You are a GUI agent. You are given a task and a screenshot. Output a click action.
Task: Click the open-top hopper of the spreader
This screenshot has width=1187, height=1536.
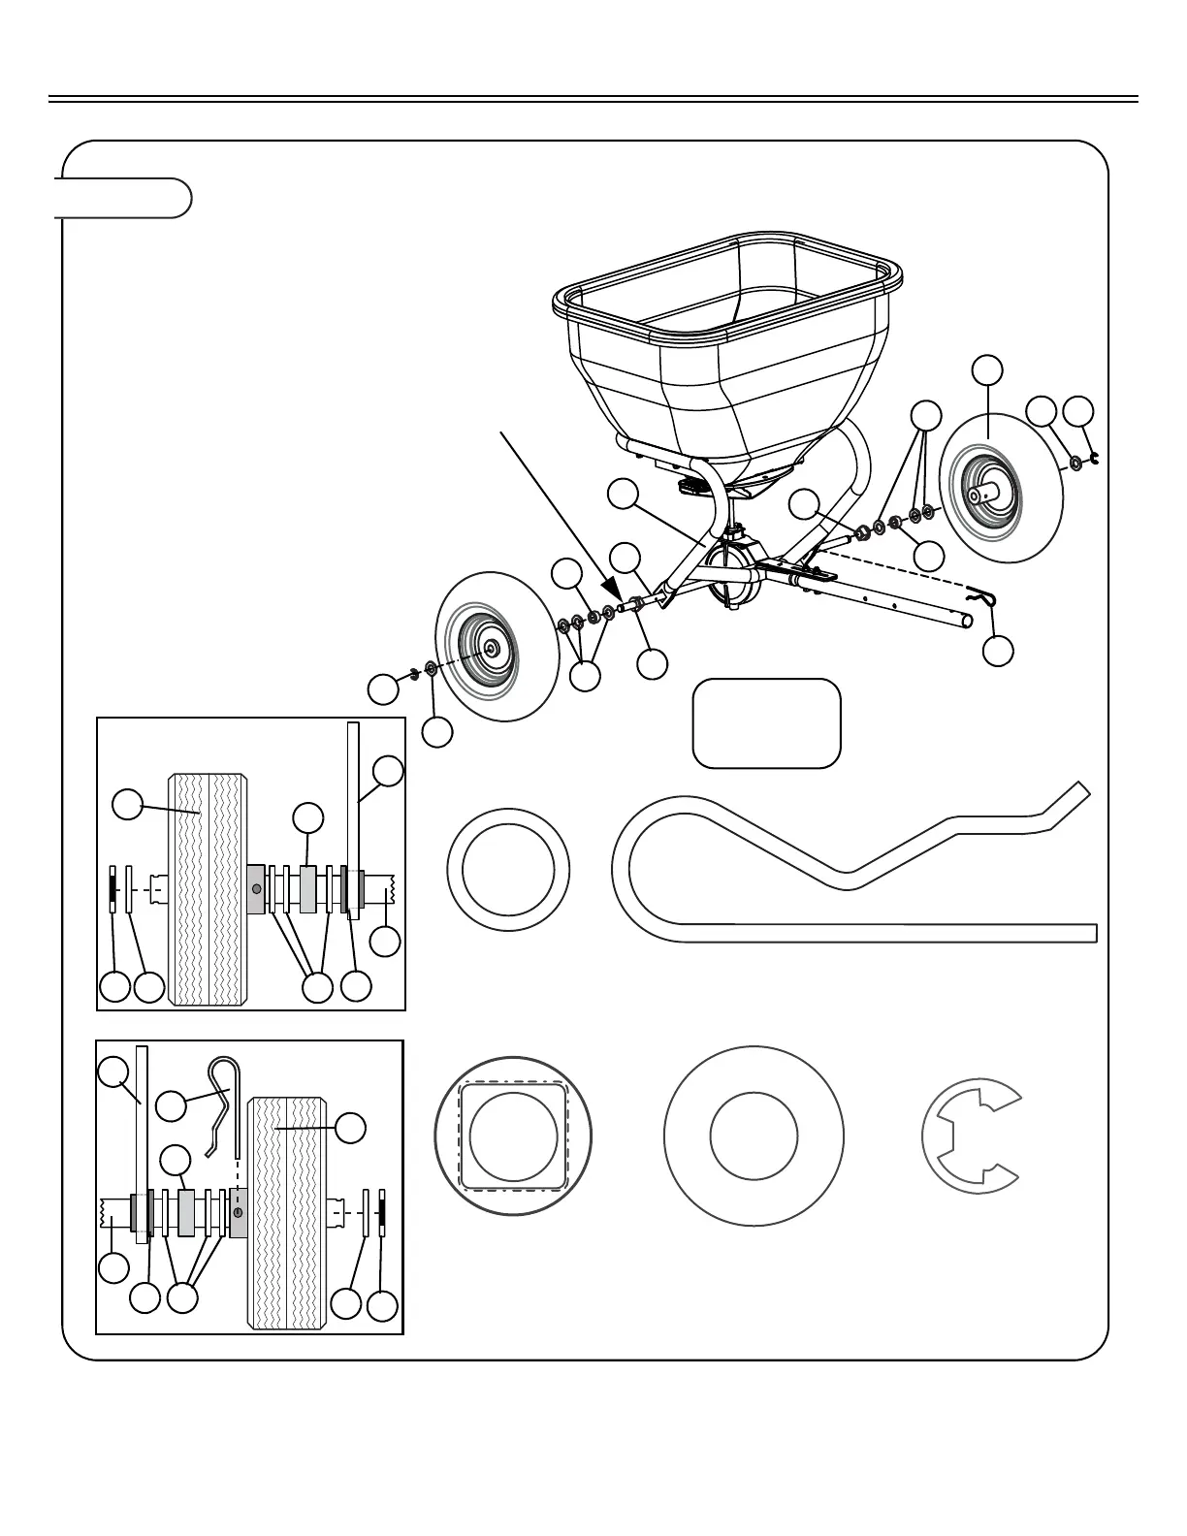[727, 330]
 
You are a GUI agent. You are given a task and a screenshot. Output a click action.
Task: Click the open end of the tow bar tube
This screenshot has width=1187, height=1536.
[967, 619]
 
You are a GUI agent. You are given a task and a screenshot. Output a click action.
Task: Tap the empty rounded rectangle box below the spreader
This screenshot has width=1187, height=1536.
[766, 723]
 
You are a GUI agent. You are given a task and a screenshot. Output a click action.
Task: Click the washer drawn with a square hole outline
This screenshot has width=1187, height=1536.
[512, 1135]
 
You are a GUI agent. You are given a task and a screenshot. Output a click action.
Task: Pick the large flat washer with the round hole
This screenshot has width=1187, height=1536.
[754, 1136]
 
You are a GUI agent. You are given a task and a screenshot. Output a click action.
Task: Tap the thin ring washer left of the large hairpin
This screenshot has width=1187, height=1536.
[508, 869]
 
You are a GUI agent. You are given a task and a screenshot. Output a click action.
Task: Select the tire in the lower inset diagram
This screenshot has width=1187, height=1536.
[287, 1212]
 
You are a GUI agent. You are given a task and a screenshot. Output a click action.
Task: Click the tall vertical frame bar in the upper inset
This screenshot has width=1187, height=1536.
[353, 819]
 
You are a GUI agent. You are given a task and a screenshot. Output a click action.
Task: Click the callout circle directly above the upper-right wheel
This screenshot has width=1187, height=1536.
[987, 369]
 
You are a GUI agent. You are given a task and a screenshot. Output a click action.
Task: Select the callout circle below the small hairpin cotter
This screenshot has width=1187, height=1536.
[998, 651]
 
